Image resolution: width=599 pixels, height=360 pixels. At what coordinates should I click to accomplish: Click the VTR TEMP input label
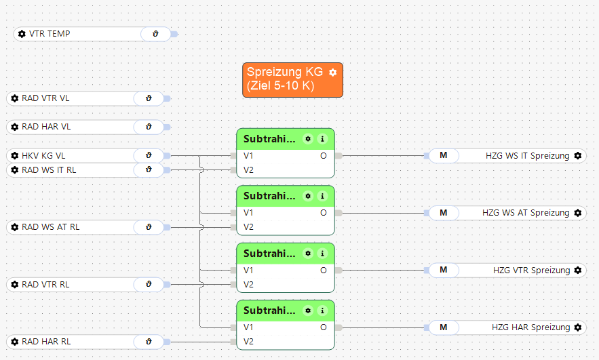coord(50,34)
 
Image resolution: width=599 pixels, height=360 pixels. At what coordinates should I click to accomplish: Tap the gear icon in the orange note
coord(332,72)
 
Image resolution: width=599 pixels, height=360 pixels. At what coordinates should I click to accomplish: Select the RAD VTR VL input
coord(45,98)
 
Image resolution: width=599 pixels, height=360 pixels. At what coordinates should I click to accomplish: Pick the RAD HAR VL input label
coord(46,127)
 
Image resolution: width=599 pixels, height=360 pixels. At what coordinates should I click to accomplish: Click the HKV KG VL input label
coord(44,156)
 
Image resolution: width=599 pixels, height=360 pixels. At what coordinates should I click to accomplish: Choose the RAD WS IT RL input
coord(49,170)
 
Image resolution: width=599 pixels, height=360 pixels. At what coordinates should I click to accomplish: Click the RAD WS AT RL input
coord(50,227)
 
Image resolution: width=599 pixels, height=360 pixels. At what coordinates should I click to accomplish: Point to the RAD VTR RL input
coord(45,285)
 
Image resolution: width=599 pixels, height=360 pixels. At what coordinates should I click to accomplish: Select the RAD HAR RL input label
coord(46,342)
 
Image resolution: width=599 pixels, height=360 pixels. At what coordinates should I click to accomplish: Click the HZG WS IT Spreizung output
coord(527,156)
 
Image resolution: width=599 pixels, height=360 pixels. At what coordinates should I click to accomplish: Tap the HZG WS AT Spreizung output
coord(526,213)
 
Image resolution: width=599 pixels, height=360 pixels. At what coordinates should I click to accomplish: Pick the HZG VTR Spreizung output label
coord(531,271)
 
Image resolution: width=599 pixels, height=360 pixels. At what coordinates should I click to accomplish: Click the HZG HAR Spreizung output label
coord(530,327)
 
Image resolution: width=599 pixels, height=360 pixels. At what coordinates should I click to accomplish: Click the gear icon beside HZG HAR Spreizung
coord(578,327)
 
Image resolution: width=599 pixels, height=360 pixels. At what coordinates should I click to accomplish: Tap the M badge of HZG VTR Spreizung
coord(444,271)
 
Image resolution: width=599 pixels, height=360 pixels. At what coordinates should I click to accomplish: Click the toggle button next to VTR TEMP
coord(155,34)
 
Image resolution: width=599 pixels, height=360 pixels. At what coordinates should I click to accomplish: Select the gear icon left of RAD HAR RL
coord(15,342)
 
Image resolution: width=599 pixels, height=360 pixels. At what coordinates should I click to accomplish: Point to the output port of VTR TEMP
coord(174,34)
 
